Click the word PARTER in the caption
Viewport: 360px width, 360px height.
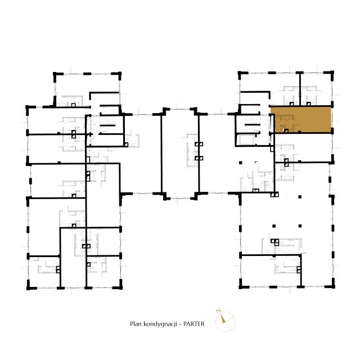193,324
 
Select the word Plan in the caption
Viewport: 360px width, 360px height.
136,324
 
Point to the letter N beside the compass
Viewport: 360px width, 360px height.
218,311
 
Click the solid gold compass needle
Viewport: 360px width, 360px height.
223,319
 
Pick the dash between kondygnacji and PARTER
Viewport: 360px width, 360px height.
180,324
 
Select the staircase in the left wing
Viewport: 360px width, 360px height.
107,125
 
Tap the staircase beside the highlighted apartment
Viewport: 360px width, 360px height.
252,125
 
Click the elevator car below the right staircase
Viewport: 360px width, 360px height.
247,140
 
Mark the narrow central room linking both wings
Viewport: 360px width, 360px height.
180,154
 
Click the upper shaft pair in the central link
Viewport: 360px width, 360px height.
199,144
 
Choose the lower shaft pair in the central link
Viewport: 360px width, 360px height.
199,158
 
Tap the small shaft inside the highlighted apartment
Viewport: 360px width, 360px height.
286,131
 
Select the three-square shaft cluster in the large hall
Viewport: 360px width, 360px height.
274,242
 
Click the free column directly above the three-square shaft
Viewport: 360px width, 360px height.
274,226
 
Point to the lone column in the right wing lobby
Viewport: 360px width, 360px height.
240,163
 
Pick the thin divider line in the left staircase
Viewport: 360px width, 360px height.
107,125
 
